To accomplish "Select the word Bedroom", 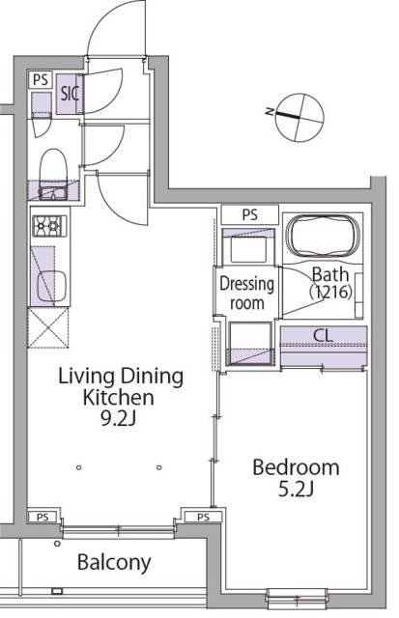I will click(296, 468).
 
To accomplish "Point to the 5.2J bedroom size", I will click(297, 492).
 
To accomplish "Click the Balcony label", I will click(113, 563).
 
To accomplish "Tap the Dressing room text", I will click(247, 294).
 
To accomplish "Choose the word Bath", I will click(328, 274).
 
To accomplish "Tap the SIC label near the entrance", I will click(70, 95).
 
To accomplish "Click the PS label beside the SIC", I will click(40, 80).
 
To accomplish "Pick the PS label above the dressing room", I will click(249, 214).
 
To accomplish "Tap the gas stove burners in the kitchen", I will click(46, 227).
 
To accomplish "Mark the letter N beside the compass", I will click(271, 112).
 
